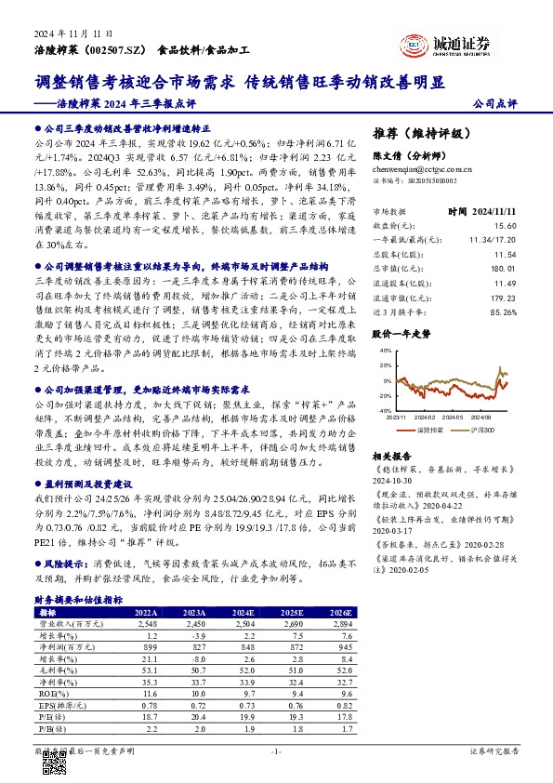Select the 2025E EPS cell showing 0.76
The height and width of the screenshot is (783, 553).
pyautogui.click(x=295, y=705)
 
